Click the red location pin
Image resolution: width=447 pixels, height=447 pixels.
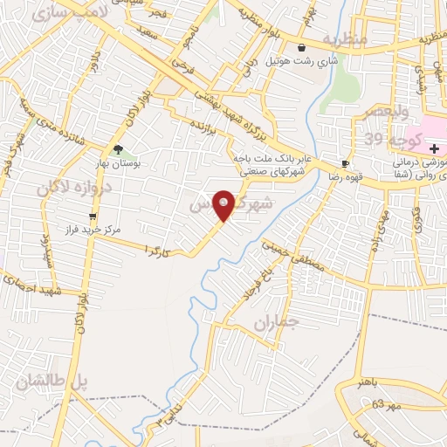[224, 203]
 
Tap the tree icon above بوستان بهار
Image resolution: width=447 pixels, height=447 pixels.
[119, 149]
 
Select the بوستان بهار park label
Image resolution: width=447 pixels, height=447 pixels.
[118, 162]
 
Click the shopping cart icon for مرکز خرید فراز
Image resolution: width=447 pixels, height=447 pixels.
[93, 217]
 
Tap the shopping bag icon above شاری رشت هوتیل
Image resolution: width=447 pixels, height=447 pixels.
[301, 49]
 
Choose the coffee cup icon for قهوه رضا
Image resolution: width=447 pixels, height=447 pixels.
[345, 163]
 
